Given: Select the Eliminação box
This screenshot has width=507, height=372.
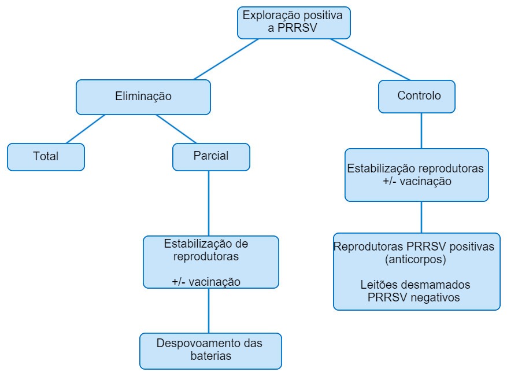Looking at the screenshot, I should (143, 97).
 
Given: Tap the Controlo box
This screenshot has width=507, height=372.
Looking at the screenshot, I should (416, 96).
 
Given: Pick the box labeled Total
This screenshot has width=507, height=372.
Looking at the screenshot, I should (46, 157).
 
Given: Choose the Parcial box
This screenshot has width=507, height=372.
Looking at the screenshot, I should (211, 157).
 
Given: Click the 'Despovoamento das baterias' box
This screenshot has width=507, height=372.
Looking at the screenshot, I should (210, 351).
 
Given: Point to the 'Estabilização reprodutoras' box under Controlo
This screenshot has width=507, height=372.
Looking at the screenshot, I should (416, 175).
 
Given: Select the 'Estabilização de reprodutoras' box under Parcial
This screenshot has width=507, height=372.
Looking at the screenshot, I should (210, 262).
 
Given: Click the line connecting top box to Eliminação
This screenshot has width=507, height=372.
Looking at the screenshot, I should (226, 60).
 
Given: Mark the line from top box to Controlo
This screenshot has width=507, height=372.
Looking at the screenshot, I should (370, 60).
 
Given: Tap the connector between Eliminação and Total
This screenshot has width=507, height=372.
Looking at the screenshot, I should (86, 128).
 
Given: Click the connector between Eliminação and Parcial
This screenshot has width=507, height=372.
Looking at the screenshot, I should (176, 128).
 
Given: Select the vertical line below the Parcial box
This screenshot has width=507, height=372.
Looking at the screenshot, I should (209, 202).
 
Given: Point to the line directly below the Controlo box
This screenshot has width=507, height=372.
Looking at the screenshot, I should (421, 130).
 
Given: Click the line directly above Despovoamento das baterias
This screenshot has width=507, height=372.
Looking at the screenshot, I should (209, 310).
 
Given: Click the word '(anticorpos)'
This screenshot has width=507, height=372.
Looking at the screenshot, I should (416, 260).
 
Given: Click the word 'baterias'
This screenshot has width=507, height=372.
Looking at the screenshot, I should (210, 356).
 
